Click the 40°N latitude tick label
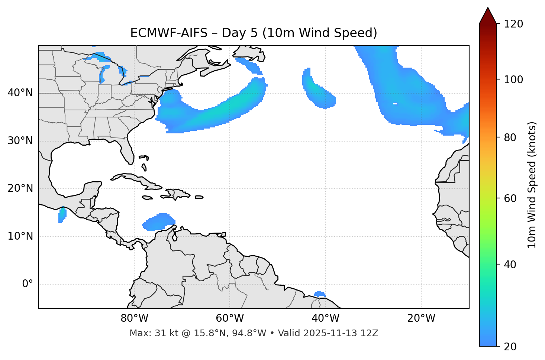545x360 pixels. pyautogui.click(x=20, y=93)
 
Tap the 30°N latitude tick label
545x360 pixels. pyautogui.click(x=20, y=141)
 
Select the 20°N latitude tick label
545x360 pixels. pyautogui.click(x=20, y=188)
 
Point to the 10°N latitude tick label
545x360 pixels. pyautogui.click(x=20, y=236)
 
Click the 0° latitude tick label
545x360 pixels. pyautogui.click(x=27, y=284)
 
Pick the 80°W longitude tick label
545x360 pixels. pyautogui.click(x=134, y=318)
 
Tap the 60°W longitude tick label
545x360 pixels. pyautogui.click(x=230, y=318)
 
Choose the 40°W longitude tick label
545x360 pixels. pyautogui.click(x=325, y=318)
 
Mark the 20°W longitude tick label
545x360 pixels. pyautogui.click(x=421, y=318)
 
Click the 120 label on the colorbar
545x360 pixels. pyautogui.click(x=513, y=24)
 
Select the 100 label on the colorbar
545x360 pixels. pyautogui.click(x=513, y=80)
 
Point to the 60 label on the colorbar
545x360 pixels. pyautogui.click(x=510, y=198)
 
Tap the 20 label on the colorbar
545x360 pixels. pyautogui.click(x=510, y=347)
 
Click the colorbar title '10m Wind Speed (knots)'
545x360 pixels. pyautogui.click(x=532, y=185)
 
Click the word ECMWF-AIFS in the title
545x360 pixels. pyautogui.click(x=169, y=33)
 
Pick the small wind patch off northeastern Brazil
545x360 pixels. pyautogui.click(x=320, y=294)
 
